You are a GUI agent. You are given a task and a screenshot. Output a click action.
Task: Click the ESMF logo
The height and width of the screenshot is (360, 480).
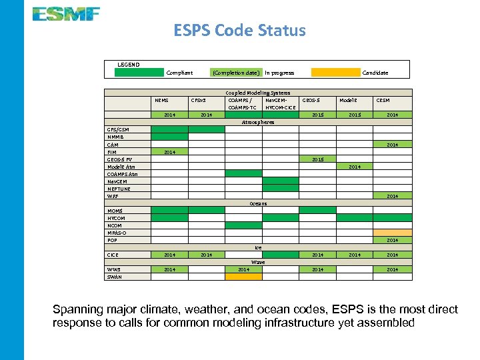coord(66,13)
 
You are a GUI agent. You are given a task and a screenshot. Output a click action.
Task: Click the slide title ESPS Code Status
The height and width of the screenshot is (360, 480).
coord(239,31)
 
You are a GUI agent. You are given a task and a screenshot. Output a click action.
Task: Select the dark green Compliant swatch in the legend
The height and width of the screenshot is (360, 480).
coord(139,73)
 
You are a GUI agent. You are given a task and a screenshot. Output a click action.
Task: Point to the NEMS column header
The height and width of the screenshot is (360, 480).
coord(161,101)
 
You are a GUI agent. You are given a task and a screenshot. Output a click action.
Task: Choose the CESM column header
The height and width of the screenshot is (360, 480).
coord(383,101)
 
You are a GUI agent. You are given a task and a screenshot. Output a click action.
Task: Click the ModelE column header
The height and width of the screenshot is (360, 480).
coord(348,101)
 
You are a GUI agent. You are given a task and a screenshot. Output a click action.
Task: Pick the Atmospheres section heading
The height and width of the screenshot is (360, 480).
coord(258,122)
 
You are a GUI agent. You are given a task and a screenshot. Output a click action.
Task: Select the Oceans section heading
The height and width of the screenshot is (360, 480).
coord(258,203)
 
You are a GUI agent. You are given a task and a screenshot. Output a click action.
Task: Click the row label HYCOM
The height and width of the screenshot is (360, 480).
coord(116,218)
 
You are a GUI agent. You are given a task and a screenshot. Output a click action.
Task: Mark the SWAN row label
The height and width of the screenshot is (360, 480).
coord(115,277)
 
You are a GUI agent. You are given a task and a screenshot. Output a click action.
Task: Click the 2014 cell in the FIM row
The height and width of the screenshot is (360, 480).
coord(169,152)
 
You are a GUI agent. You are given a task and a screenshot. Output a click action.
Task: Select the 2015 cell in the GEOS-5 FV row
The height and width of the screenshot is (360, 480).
coord(317,159)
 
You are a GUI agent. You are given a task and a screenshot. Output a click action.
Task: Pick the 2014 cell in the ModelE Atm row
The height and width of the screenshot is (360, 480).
coord(355,167)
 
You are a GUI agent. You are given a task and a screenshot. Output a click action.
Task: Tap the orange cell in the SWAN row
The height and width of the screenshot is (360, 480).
coord(243,277)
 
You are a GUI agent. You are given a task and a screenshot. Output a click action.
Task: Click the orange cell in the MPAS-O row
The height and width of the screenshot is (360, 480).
coord(392,233)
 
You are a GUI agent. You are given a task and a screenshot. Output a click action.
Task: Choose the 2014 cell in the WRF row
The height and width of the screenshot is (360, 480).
coord(392,196)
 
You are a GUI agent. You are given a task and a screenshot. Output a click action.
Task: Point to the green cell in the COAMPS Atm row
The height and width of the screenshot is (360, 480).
coord(243,173)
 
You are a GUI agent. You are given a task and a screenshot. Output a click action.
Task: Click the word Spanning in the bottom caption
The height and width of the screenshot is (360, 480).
coord(76,310)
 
